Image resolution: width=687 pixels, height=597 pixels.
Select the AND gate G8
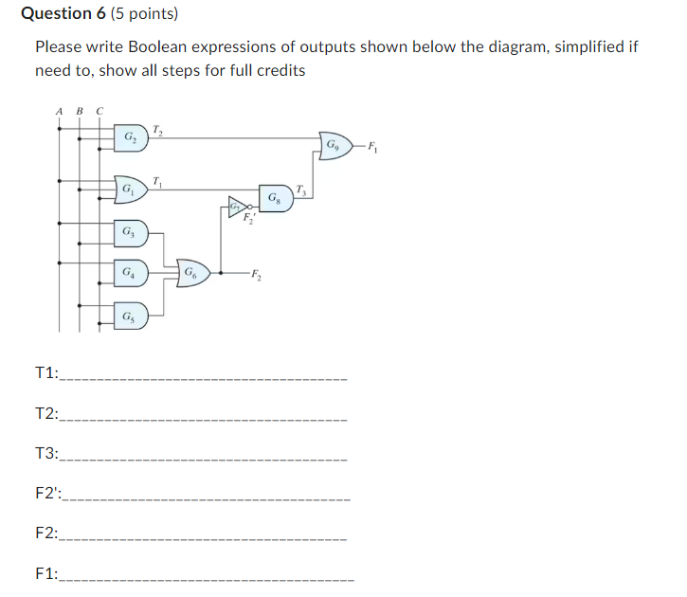[274, 199]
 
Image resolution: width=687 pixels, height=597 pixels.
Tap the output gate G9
[334, 145]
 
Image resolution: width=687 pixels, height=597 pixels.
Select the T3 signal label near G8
[300, 189]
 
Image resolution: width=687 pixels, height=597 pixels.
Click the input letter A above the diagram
[60, 110]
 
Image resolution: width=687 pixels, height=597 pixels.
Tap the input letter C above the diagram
[99, 110]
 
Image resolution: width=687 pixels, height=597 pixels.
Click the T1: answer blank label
[45, 374]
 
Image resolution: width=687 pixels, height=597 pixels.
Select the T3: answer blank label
[45, 454]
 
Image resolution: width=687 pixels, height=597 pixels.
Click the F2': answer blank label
[46, 494]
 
